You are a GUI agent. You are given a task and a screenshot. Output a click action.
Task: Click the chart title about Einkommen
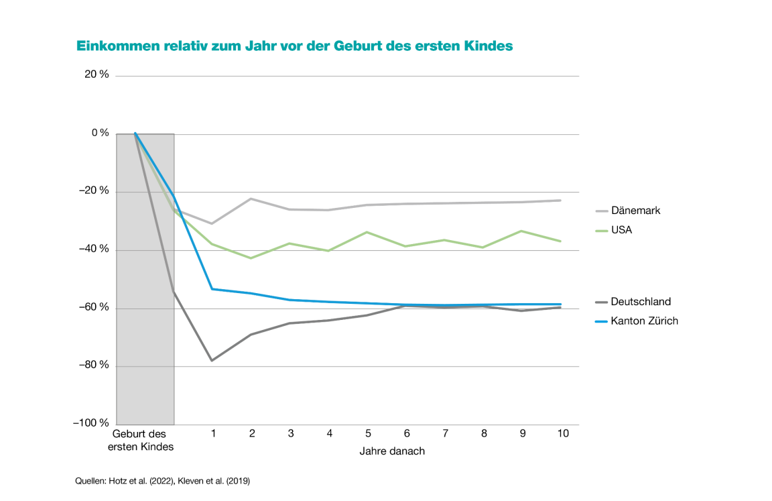pos(295,46)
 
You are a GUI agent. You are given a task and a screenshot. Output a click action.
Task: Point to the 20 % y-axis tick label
pos(96,75)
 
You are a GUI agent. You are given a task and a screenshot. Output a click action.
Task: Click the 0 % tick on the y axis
pos(100,133)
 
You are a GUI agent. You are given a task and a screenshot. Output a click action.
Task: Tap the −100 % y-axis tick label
pos(91,423)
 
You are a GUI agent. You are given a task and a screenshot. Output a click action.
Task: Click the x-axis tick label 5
pos(369,433)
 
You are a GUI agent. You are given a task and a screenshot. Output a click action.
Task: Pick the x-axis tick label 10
pos(563,433)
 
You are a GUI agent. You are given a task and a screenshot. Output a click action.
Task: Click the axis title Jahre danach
pos(392,451)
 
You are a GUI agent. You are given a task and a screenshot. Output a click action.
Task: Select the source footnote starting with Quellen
pos(162,481)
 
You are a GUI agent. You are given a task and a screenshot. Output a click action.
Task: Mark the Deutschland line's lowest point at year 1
pos(212,361)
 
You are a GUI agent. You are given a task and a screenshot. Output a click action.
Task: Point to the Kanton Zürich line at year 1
pos(212,289)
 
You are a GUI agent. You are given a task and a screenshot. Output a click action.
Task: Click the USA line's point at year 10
pos(560,241)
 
